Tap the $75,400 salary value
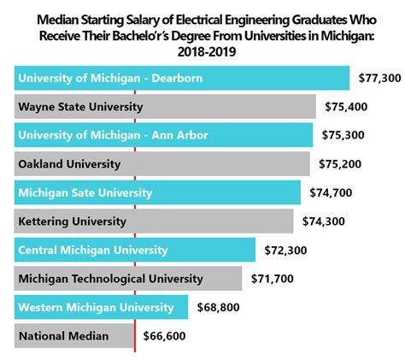[x=344, y=108]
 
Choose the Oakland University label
[x=69, y=163]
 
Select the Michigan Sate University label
[x=85, y=192]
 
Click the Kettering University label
[x=72, y=221]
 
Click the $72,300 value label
[x=284, y=250]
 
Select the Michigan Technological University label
[x=110, y=278]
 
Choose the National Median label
[x=63, y=336]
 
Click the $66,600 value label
[x=164, y=336]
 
